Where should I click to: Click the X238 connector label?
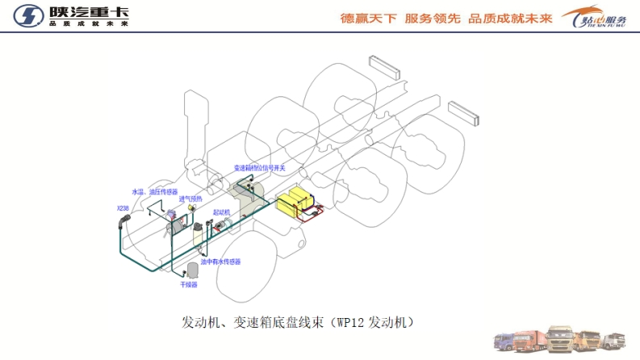click(x=122, y=208)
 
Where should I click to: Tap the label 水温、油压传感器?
click(x=154, y=192)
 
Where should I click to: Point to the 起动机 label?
click(x=222, y=211)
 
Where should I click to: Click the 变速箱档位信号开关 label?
click(x=260, y=168)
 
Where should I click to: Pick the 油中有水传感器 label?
click(x=220, y=262)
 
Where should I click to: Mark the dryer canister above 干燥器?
click(x=191, y=270)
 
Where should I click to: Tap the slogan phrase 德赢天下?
click(x=369, y=19)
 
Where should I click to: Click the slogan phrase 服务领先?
click(x=433, y=19)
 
